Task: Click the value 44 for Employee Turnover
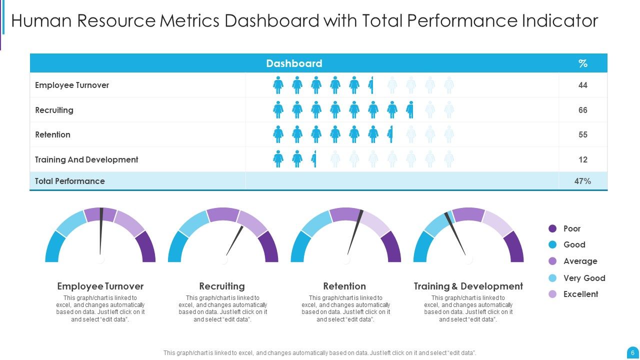tap(582, 85)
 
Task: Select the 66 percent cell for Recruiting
tap(582, 110)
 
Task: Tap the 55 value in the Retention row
tap(582, 135)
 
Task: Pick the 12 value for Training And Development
tap(582, 160)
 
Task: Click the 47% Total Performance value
tap(582, 181)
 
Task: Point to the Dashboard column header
tap(294, 63)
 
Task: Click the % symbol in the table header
tap(582, 63)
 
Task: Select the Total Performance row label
tap(70, 181)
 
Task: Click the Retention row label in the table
tap(52, 135)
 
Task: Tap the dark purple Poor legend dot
tap(552, 228)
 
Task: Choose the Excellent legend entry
tap(580, 294)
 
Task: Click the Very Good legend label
tap(584, 278)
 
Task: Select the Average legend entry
tap(580, 261)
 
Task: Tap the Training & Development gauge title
tap(468, 286)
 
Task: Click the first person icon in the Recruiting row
tap(278, 110)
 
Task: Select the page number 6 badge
tap(632, 352)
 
